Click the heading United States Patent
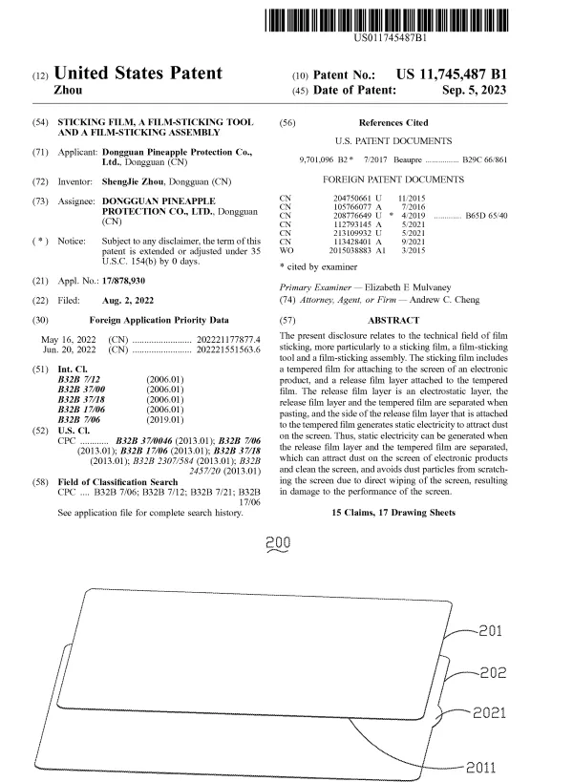(x=138, y=73)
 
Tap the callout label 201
(x=489, y=631)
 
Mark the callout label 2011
(x=483, y=767)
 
